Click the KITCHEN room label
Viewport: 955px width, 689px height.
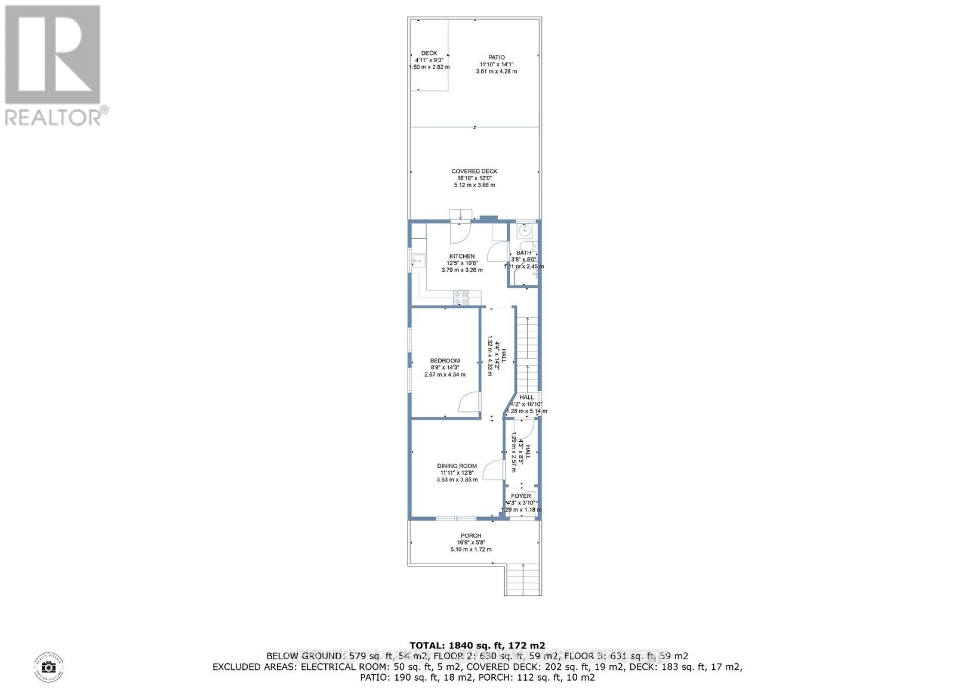point(462,256)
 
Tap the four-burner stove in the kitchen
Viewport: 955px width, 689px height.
point(460,297)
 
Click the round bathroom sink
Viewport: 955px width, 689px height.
point(526,230)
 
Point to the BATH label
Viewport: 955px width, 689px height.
point(523,253)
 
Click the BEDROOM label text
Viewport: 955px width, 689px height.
point(445,361)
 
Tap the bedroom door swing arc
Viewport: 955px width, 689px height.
point(469,402)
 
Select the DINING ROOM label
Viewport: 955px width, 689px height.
point(457,466)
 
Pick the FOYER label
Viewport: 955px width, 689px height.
point(521,496)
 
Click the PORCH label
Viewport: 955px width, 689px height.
point(470,536)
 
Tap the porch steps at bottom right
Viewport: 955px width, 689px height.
point(523,579)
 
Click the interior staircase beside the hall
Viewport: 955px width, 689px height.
point(528,352)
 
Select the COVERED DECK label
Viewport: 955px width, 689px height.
point(474,171)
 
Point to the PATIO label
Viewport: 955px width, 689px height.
point(496,57)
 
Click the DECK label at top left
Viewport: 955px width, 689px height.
point(429,53)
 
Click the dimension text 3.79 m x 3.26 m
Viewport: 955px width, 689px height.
point(462,270)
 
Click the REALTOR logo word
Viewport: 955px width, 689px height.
point(54,116)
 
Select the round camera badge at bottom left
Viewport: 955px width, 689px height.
point(49,667)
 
